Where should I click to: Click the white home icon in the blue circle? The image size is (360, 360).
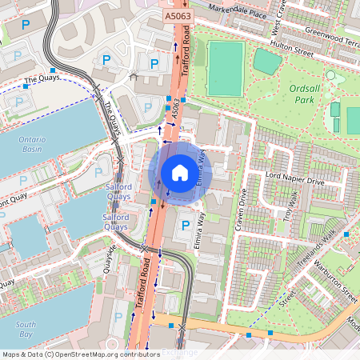[x=180, y=173]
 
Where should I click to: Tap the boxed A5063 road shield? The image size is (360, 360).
[x=178, y=15]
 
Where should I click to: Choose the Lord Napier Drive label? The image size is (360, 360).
[x=295, y=182]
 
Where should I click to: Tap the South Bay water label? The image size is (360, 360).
[x=26, y=330]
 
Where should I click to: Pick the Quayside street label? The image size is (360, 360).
[x=110, y=258]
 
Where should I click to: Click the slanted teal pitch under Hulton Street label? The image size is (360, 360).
[x=268, y=62]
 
